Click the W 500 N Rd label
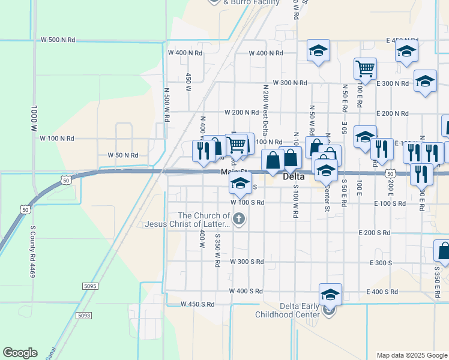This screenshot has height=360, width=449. click(x=58, y=39)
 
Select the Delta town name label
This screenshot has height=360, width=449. click(x=294, y=177)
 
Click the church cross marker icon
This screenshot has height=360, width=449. click(x=240, y=219)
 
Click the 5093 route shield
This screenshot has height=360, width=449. click(x=85, y=315)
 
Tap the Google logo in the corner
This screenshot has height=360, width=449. click(x=20, y=353)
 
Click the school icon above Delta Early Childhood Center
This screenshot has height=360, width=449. click(x=330, y=295)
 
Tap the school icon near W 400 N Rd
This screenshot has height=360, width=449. click(x=319, y=51)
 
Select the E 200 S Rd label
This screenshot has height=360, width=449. click(x=374, y=233)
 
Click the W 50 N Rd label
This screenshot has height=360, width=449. click(x=123, y=155)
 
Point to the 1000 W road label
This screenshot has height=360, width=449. click(x=34, y=120)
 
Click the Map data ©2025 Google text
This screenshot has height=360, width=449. click(x=412, y=355)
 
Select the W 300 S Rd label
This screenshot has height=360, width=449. click(x=247, y=262)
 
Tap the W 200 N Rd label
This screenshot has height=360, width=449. click(x=241, y=112)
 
